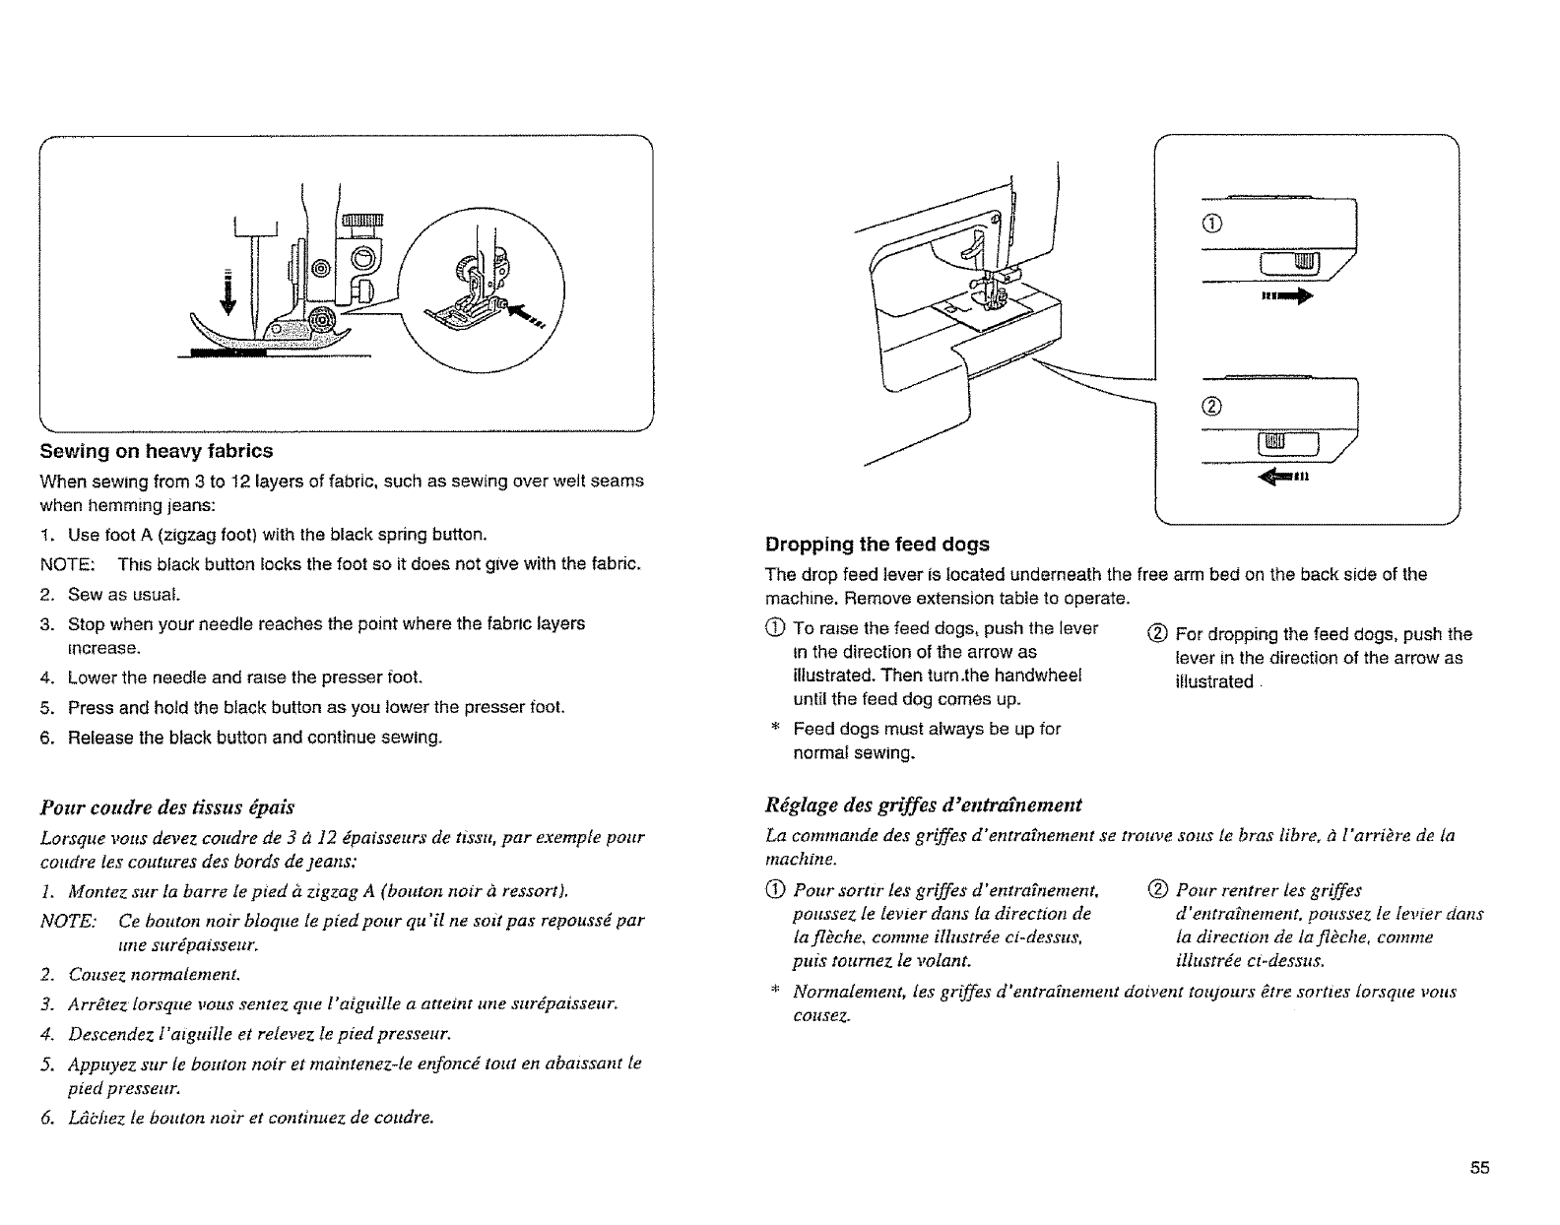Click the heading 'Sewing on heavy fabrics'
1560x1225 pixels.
click(156, 451)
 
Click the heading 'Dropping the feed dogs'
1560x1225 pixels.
click(877, 545)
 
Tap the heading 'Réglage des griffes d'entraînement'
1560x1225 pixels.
click(923, 805)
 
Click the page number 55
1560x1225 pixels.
click(1479, 1168)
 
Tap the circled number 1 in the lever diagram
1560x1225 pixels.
click(1212, 223)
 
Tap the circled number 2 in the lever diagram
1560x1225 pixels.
click(1212, 408)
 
